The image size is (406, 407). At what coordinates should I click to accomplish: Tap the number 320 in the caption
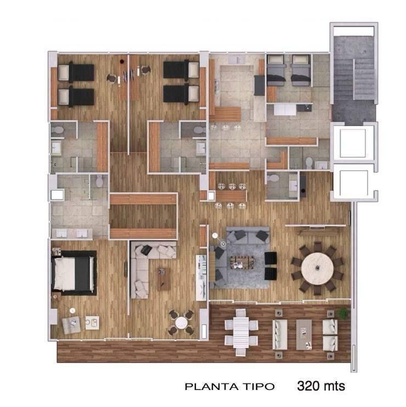(x=307, y=386)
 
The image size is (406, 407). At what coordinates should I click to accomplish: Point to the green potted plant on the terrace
(x=343, y=313)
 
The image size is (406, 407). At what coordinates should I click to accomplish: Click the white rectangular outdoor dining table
(x=241, y=332)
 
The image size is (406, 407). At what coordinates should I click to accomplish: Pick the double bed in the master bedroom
(x=73, y=273)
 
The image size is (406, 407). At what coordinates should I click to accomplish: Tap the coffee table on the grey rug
(x=242, y=262)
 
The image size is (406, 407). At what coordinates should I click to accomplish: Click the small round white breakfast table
(x=181, y=323)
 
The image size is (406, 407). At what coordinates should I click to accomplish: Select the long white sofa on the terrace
(x=280, y=335)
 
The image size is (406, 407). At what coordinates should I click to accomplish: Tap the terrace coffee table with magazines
(x=304, y=335)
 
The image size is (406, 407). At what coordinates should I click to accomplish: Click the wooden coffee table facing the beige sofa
(x=164, y=279)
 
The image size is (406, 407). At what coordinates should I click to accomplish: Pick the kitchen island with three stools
(x=225, y=114)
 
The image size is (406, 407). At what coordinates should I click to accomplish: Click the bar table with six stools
(x=232, y=196)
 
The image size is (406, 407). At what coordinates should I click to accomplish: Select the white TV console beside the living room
(x=201, y=278)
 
